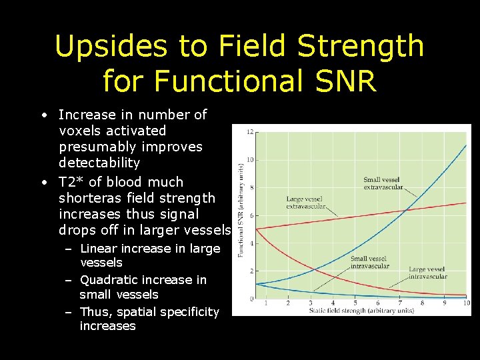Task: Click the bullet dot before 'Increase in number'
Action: [43, 115]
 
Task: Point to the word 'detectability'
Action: [99, 163]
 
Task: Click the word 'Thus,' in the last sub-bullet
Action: [95, 312]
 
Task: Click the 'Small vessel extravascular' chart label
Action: [383, 183]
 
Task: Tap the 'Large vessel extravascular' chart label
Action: [305, 203]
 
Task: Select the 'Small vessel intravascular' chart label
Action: [369, 262]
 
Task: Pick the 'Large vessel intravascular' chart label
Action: [427, 273]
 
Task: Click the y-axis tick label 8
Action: [250, 187]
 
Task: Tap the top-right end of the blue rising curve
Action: [465, 146]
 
